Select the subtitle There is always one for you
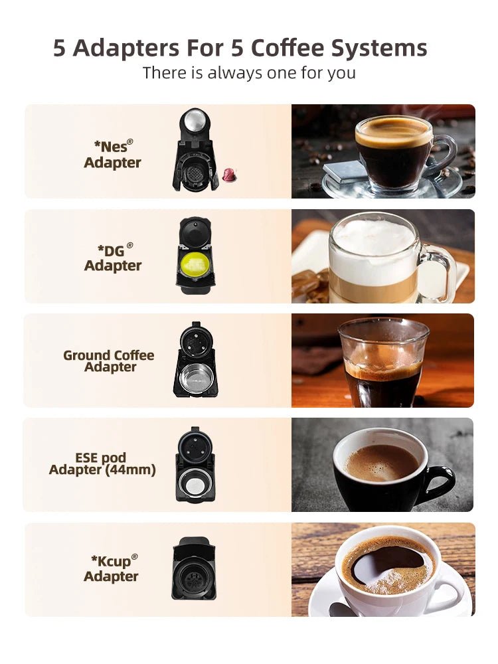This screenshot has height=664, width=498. [249, 72]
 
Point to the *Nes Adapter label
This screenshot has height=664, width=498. [112, 154]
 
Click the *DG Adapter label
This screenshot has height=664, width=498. [113, 258]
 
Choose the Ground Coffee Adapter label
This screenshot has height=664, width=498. [109, 361]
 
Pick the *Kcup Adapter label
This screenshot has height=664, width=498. [112, 568]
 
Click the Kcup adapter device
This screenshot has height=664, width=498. [193, 568]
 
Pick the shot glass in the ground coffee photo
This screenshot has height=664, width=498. [382, 361]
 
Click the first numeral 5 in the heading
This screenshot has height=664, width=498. [60, 48]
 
